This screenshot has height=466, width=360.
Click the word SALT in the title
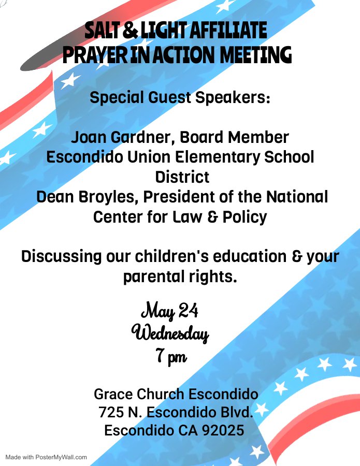point(102,31)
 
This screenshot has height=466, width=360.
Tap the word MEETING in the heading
point(256,55)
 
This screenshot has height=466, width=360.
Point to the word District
point(182,177)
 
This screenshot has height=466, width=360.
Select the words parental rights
point(180,276)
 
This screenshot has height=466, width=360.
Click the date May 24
point(170,311)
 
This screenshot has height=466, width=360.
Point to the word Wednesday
point(170,333)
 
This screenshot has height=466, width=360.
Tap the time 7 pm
point(171,356)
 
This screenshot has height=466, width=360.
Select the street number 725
point(111,412)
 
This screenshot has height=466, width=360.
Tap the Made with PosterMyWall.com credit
point(46,457)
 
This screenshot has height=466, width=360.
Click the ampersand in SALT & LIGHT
point(130,31)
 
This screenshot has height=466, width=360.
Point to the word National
point(297,197)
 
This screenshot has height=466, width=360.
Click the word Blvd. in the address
point(237,412)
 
